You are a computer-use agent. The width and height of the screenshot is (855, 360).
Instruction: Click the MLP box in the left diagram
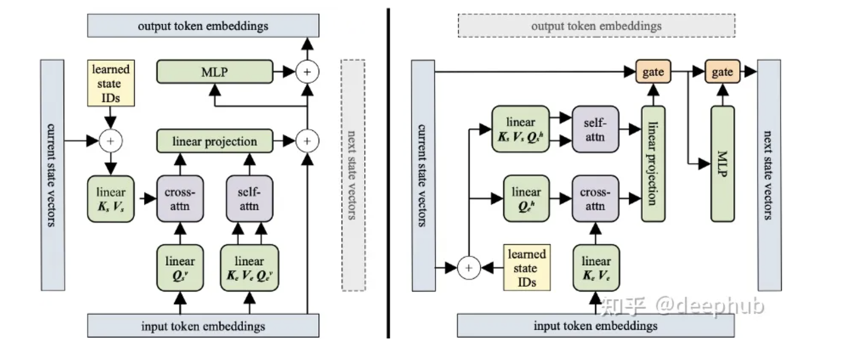point(215,72)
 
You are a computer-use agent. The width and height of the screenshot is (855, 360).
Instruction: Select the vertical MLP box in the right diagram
point(722,164)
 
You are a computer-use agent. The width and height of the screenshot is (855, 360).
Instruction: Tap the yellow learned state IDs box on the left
point(110,83)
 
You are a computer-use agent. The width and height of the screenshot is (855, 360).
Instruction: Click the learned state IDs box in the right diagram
point(527,268)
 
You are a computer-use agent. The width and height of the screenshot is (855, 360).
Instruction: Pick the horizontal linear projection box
point(215,141)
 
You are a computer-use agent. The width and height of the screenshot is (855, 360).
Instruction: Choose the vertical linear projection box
point(653,164)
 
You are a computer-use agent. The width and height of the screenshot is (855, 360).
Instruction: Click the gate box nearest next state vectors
point(722,72)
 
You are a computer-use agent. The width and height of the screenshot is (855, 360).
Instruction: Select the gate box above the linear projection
point(653,72)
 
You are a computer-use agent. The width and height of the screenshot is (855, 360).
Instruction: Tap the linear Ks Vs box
point(111,199)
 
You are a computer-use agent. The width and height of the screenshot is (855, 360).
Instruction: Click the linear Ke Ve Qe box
point(249,268)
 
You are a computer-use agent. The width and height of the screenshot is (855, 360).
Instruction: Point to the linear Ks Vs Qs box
point(520,129)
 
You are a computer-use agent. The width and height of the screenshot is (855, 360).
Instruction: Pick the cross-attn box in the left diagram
point(180,199)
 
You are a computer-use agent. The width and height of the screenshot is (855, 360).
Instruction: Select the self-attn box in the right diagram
point(595,129)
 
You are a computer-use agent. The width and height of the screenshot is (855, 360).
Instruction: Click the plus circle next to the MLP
point(307,72)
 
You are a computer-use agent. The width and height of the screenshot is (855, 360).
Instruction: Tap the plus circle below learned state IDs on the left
point(111,141)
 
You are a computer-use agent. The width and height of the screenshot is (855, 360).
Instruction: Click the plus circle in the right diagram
point(468,268)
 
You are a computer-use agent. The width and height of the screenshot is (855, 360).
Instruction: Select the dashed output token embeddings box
point(596,26)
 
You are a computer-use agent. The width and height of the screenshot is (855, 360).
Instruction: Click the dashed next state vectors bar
point(353,175)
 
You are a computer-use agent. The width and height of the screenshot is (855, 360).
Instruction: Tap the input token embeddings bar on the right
point(595,326)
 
